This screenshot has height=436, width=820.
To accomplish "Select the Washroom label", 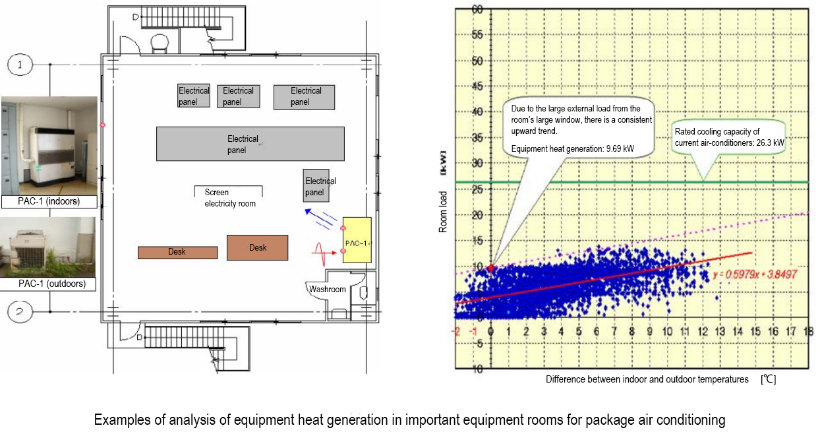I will point(328,289).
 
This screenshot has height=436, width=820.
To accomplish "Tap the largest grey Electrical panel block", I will point(250,144).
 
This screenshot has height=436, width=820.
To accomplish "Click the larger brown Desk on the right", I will point(257,247).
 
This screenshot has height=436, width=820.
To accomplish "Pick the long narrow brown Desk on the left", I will point(177,252).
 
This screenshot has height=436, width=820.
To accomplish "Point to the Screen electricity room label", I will point(229,198).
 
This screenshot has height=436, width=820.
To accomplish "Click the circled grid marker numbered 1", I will point(20,65).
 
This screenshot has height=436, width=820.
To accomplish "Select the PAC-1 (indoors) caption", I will point(49,201).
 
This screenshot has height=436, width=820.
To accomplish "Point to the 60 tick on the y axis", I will point(477,10).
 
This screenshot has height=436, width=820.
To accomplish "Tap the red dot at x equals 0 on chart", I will point(490,268).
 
